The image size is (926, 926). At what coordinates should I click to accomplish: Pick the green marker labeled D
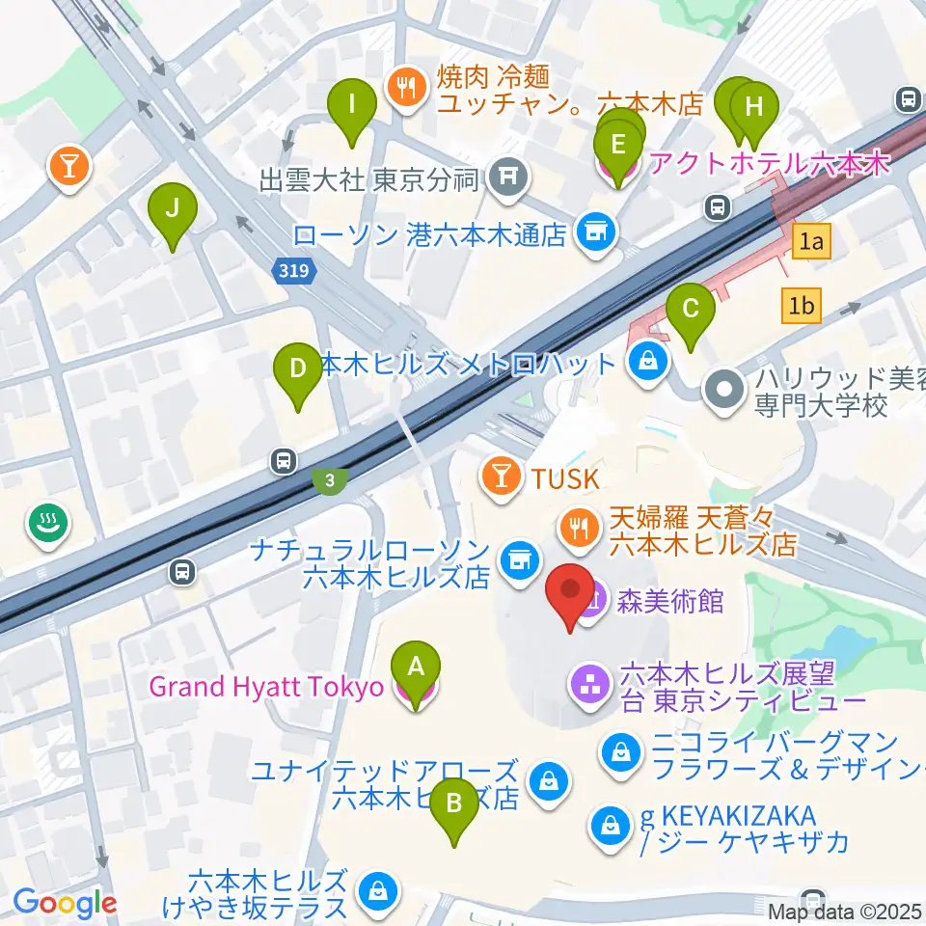click(x=297, y=369)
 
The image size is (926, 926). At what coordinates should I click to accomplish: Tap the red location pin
click(x=570, y=593)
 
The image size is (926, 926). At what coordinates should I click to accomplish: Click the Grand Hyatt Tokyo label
click(x=266, y=689)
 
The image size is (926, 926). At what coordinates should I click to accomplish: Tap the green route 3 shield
click(x=330, y=479)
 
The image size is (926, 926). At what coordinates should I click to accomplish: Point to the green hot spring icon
click(x=44, y=524)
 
